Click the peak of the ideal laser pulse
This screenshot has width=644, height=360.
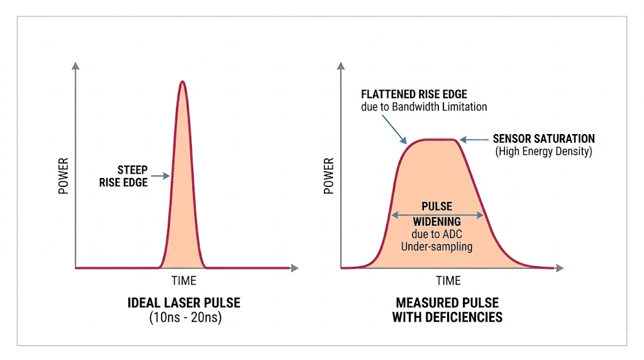182,82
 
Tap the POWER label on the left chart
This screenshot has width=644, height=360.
64,176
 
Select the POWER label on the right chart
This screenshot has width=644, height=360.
328,176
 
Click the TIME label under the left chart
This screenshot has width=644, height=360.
184,281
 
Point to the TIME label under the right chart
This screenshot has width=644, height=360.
448,281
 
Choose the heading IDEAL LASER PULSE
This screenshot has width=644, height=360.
184,303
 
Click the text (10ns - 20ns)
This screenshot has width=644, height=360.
184,318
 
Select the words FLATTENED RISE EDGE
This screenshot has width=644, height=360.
414,94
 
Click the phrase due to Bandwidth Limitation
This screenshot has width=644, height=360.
424,107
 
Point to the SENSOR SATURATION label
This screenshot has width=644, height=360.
543,138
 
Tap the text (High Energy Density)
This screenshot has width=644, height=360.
543,152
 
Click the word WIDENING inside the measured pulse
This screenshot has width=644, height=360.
436,222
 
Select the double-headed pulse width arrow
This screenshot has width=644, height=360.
437,215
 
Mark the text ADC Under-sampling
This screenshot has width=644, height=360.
436,241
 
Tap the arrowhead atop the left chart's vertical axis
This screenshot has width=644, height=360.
75,65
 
